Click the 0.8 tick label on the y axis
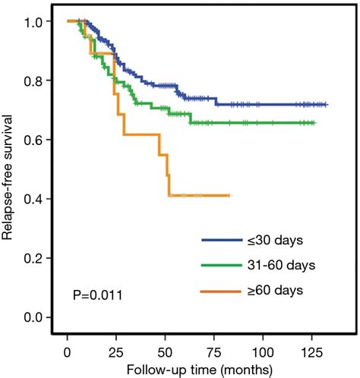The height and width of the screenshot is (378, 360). click(x=35, y=80)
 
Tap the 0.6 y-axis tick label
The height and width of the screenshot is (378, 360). click(x=35, y=140)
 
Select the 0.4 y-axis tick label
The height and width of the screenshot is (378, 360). click(x=35, y=199)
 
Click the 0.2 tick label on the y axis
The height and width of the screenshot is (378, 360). click(x=35, y=258)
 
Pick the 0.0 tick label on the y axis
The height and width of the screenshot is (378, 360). click(x=35, y=317)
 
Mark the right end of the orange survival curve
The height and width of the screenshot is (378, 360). click(x=230, y=195)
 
